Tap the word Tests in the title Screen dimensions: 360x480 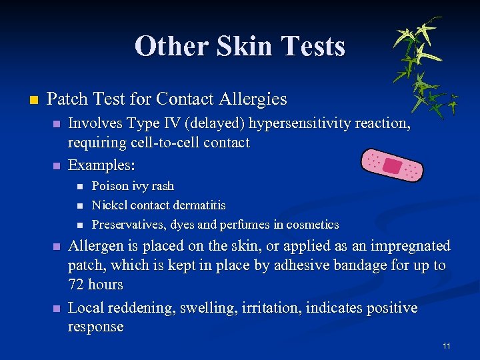click(313, 47)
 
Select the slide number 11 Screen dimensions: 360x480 click(446, 345)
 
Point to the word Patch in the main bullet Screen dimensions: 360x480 click(67, 100)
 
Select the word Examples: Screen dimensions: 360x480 click(97, 164)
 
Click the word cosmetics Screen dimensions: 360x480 click(313, 225)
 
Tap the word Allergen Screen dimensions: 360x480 click(96, 246)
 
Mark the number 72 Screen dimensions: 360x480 click(77, 285)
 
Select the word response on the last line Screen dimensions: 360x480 click(96, 327)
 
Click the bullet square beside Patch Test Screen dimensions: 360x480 click(31, 101)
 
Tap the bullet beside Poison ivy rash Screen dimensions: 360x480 click(79, 187)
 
